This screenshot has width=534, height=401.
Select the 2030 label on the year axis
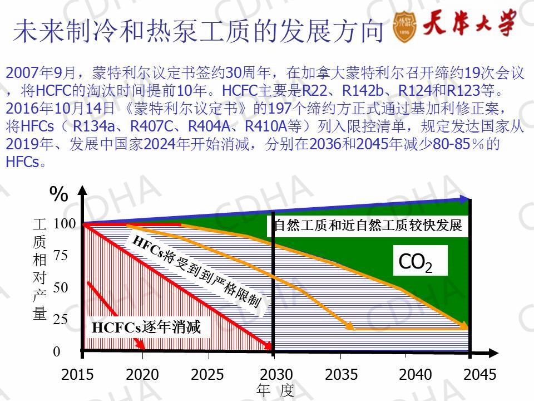coord(275,374)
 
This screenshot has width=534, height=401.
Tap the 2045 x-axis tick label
coord(479,374)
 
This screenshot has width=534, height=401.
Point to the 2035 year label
coord(341,374)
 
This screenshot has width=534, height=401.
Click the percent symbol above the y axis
coord(59,194)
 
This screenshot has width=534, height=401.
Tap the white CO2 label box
coord(420,261)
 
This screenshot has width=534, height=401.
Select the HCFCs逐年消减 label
coord(146,328)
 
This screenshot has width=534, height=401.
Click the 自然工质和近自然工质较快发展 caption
coord(368,226)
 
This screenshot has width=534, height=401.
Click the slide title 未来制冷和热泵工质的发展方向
coord(198,32)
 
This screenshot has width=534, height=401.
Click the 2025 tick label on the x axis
coord(207,374)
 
